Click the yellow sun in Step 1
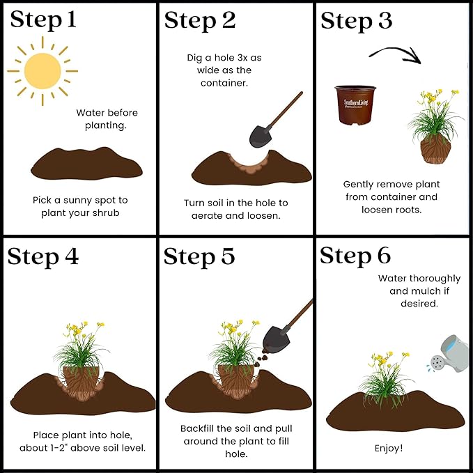(x=42, y=71)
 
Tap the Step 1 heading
(x=43, y=20)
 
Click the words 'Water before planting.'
(x=107, y=119)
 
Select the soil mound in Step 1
(x=86, y=164)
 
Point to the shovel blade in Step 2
(x=261, y=137)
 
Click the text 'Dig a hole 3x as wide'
(x=224, y=63)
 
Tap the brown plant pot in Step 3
(x=355, y=105)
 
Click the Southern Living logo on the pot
(x=356, y=103)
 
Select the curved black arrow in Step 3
(x=395, y=54)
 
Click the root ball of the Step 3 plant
(x=435, y=150)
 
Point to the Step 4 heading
(x=42, y=257)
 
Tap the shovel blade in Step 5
(x=276, y=339)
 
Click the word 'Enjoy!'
(x=389, y=448)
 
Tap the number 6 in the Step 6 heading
(x=384, y=256)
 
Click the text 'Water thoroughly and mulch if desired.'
(x=419, y=290)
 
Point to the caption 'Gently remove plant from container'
(x=391, y=190)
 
